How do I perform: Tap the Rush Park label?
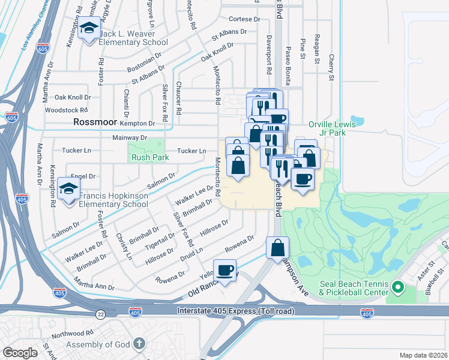[151, 157]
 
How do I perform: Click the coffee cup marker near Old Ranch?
[225, 271]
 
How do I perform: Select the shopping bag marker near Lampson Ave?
[277, 248]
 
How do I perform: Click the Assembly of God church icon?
[139, 344]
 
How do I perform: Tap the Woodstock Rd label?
[67, 110]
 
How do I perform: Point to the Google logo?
[20, 353]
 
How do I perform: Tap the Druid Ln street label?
[192, 251]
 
